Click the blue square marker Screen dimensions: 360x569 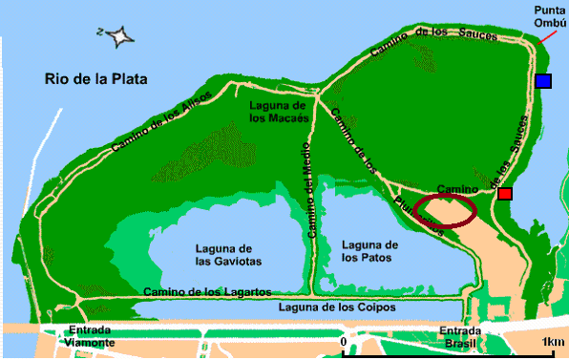pyautogui.click(x=543, y=82)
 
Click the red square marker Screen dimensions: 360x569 pyautogui.click(x=505, y=194)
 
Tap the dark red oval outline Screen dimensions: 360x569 pyautogui.click(x=445, y=211)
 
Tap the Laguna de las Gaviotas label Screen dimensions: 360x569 pyautogui.click(x=228, y=254)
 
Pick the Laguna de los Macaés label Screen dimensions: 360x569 pyautogui.click(x=277, y=111)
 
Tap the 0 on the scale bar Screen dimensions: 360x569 pyautogui.click(x=343, y=342)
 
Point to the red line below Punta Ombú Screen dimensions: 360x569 pyautogui.click(x=544, y=39)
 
